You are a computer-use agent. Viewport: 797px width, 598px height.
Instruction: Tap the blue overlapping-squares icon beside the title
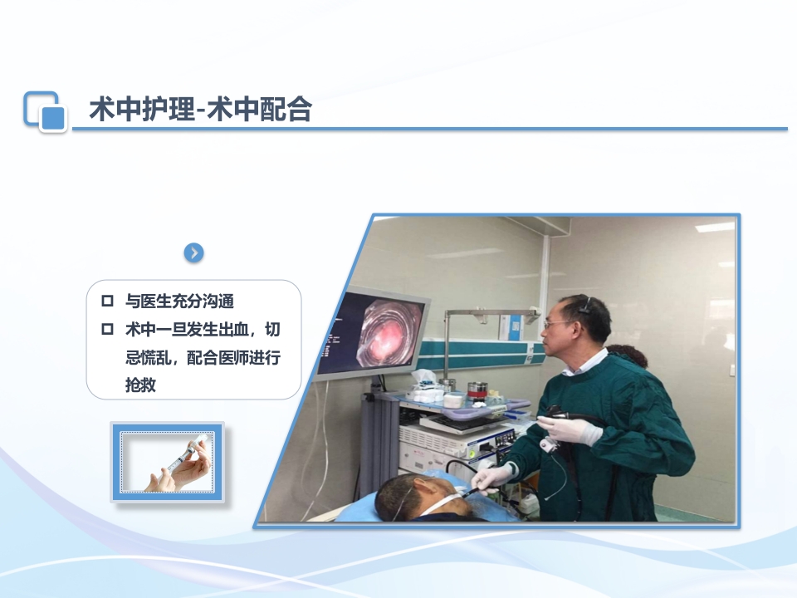point(44,111)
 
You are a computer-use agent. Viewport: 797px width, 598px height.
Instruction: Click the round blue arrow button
point(193,252)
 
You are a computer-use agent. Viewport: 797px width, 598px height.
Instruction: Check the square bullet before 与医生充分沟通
point(106,301)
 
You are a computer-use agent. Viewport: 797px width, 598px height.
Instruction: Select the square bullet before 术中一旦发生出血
point(106,329)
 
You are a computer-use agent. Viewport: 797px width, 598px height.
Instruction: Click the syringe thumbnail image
point(168,462)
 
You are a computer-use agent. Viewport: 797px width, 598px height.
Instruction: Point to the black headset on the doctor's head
point(586,305)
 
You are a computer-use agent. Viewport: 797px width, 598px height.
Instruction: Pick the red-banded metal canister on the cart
point(476,390)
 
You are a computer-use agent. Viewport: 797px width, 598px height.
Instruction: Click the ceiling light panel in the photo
point(715,227)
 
